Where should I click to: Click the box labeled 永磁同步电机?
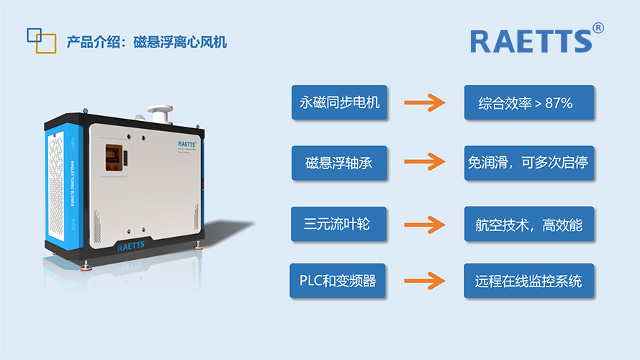pos(339,103)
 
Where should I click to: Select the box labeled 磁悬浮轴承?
pos(339,163)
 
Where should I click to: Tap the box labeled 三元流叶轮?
pos(339,225)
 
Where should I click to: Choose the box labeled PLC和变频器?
pos(339,281)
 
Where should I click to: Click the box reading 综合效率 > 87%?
pos(529,103)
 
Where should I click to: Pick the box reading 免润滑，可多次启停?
pos(529,163)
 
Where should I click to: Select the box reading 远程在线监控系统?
pos(529,281)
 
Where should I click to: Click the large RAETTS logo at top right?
pos(531,41)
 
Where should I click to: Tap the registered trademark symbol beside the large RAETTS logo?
pos(598,28)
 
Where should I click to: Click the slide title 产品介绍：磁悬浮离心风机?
pos(146,42)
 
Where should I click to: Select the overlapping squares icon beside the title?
pos(41,40)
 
